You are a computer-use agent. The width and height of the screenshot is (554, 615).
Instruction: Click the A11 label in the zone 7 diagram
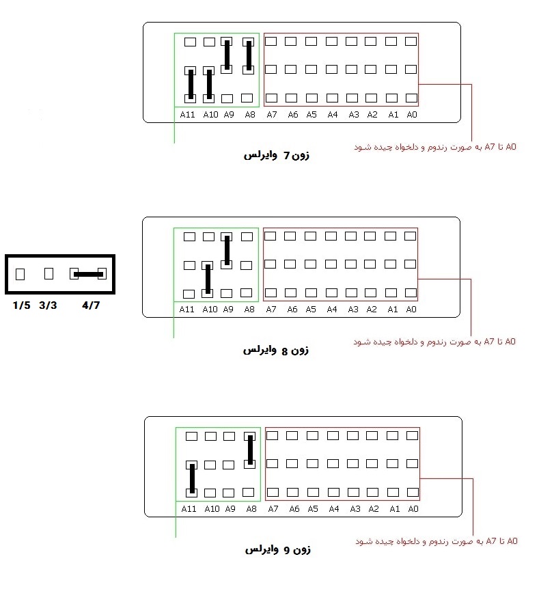pyautogui.click(x=187, y=115)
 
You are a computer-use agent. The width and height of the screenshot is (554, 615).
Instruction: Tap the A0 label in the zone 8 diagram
pyautogui.click(x=411, y=310)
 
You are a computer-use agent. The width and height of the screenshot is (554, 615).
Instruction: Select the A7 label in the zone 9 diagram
pyautogui.click(x=273, y=509)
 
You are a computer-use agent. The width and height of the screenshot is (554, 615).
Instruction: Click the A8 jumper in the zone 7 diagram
pyautogui.click(x=249, y=55)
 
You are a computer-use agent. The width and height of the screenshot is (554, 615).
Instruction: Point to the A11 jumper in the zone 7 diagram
pyautogui.click(x=191, y=84)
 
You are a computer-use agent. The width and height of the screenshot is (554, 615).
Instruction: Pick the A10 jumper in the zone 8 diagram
pyautogui.click(x=208, y=279)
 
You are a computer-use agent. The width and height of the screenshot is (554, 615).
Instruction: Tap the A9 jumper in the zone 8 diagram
pyautogui.click(x=227, y=250)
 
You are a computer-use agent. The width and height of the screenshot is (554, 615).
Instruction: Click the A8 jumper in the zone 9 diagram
pyautogui.click(x=250, y=450)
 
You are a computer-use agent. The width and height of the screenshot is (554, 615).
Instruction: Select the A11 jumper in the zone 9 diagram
pyautogui.click(x=192, y=478)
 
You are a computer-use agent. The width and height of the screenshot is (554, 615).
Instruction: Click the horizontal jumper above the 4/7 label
pyautogui.click(x=88, y=274)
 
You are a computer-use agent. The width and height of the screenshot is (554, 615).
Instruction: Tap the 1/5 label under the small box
pyautogui.click(x=21, y=305)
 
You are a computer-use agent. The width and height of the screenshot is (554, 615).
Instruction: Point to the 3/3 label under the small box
pyautogui.click(x=48, y=305)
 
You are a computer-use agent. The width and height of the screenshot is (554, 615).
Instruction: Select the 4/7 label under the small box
pyautogui.click(x=91, y=305)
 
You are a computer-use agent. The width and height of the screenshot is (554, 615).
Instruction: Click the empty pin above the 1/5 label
pyautogui.click(x=20, y=274)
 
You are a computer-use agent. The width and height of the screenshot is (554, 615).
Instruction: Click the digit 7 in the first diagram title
pyautogui.click(x=287, y=156)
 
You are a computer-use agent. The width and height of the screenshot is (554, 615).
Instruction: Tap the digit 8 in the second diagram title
pyautogui.click(x=285, y=351)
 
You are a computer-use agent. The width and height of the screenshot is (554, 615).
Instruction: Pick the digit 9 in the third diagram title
pyautogui.click(x=287, y=551)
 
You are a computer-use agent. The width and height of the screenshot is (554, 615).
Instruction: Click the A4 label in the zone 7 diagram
pyautogui.click(x=333, y=115)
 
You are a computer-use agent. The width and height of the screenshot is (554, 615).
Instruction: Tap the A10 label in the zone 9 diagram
pyautogui.click(x=212, y=509)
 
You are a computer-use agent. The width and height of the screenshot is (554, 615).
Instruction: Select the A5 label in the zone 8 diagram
pyautogui.click(x=311, y=310)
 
